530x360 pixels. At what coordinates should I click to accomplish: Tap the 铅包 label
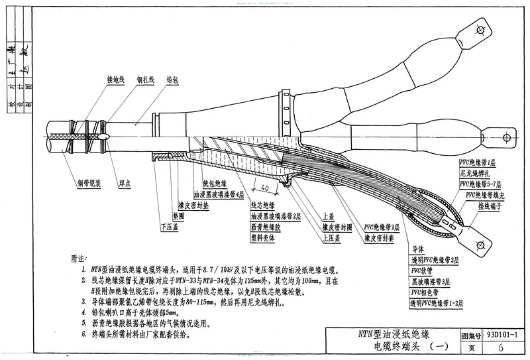tap(172, 78)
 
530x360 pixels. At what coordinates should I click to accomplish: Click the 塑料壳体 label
tap(263, 235)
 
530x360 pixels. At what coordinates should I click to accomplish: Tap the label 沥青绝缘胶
tap(266, 226)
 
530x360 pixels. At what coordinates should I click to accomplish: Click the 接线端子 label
tap(490, 206)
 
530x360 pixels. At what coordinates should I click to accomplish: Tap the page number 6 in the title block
tap(502, 347)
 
